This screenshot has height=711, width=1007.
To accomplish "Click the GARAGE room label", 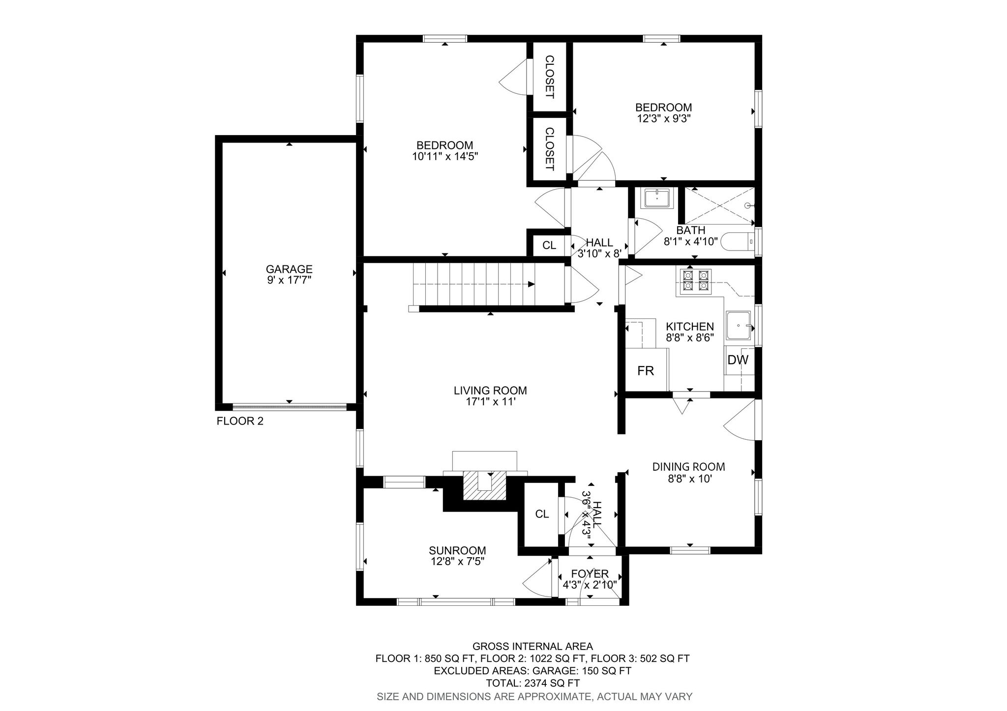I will point(289,269).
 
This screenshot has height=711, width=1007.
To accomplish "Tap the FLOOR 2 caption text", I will point(240,421).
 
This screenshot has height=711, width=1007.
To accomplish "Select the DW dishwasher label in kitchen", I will point(738,360).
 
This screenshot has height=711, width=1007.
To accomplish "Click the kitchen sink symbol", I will point(739,326).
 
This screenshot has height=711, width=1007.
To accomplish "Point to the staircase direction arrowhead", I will point(531,284).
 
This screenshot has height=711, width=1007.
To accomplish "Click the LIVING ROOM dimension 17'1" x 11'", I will point(490,402).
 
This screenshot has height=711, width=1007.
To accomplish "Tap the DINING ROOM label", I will point(688,467).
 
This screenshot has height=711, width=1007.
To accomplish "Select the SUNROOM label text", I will point(457,551).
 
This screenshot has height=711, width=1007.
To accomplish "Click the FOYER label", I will point(590,574).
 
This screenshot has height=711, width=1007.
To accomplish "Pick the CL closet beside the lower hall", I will point(542,514).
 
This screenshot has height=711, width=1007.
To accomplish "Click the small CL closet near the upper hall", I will point(549,245).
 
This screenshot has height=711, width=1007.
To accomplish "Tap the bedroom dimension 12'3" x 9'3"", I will point(663,118).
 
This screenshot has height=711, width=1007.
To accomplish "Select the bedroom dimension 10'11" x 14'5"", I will point(445,157).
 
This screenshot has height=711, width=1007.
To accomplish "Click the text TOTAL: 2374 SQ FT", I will point(533,683).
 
